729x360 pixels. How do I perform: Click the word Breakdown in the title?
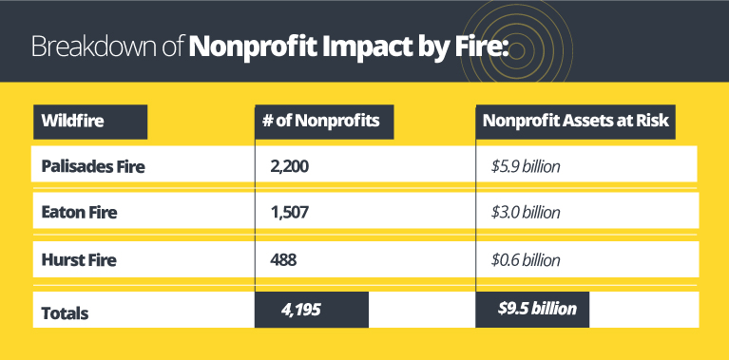[x=89, y=47]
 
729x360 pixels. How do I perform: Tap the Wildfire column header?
[x=72, y=122]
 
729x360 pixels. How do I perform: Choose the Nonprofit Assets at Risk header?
[x=575, y=122]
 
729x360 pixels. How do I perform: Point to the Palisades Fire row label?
[x=93, y=166]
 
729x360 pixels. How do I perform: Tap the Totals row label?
[x=65, y=309]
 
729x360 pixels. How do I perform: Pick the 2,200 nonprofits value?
[x=291, y=166]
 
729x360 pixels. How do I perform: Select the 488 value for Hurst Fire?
[x=284, y=259]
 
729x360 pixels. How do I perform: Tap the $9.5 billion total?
[x=536, y=309]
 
